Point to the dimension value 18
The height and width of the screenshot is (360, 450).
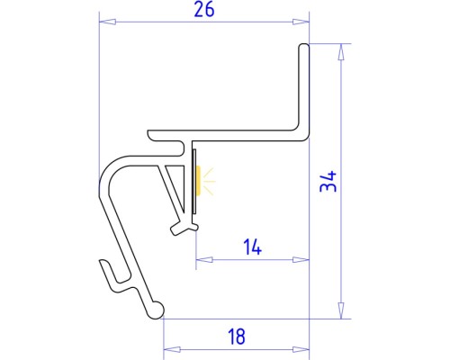(236, 337)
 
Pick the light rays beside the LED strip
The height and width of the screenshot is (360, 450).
(209, 181)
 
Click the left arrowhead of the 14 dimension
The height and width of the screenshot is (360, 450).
(200, 260)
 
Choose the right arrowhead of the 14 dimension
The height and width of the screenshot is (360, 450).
(303, 260)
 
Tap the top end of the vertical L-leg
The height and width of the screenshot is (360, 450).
(303, 46)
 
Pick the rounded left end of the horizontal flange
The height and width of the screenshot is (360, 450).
(152, 136)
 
